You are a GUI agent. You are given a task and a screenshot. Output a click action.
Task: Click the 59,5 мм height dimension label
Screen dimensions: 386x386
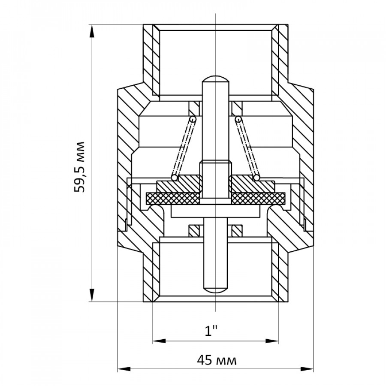tap(79, 167)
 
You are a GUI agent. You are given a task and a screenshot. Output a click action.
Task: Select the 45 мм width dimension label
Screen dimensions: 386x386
tap(217, 361)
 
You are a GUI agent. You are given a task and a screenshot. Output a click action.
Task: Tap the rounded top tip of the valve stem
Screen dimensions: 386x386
tap(215, 78)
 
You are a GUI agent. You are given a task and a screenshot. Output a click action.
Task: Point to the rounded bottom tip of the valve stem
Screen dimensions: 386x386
tap(215, 289)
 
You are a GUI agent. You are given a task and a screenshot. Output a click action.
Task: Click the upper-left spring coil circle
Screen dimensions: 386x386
tap(193, 119)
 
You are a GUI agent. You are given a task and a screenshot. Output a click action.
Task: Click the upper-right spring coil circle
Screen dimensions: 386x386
tap(238, 119)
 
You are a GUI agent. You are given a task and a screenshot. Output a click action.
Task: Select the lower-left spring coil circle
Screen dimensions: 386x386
tap(174, 178)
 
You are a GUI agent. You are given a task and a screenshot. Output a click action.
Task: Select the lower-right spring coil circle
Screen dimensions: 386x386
tap(257, 178)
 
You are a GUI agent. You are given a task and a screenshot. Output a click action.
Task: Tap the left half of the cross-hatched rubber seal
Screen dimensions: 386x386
tap(173, 199)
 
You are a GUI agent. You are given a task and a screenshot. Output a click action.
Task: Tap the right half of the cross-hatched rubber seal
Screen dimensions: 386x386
tap(258, 199)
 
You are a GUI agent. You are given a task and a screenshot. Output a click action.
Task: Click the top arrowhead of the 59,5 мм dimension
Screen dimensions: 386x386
tap(92, 31)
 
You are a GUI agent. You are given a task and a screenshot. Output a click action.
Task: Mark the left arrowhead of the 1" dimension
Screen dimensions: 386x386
tap(159, 341)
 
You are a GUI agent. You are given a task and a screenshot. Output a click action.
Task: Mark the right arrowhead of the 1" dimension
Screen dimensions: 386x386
tap(272, 341)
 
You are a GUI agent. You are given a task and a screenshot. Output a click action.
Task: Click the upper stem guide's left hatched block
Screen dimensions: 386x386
tap(194, 108)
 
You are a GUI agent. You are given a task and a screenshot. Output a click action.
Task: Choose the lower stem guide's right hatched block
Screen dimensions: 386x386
tap(237, 231)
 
